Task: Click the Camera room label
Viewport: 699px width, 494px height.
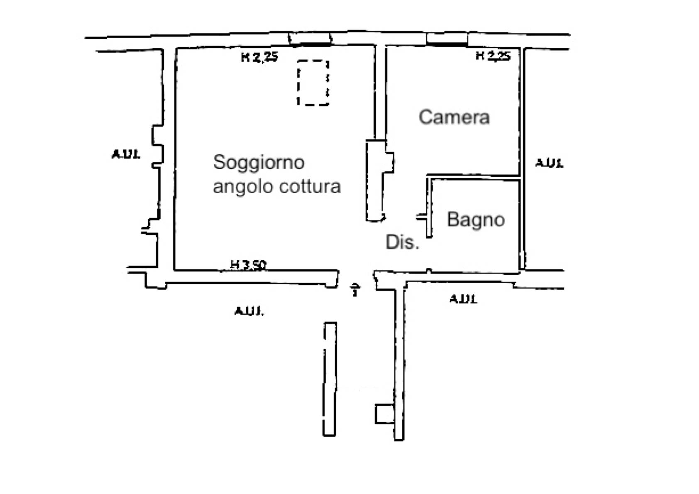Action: click(454, 117)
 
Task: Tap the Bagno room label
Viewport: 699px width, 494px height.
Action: click(476, 220)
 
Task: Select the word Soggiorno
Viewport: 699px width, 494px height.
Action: click(259, 162)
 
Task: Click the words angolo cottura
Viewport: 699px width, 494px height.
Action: click(277, 186)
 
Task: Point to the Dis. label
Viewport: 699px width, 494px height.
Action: click(402, 242)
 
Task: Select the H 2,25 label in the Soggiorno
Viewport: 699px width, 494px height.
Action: click(259, 57)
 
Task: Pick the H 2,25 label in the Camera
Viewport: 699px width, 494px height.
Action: click(493, 56)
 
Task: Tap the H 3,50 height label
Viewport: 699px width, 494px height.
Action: click(249, 264)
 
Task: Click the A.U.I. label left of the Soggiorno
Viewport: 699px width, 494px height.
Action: click(126, 154)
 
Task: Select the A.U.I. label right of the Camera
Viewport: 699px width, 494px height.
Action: click(549, 163)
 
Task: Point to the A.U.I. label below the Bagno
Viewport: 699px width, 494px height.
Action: click(463, 299)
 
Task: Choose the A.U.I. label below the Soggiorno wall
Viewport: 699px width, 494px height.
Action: click(249, 311)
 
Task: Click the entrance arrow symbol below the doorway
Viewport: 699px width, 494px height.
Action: click(355, 289)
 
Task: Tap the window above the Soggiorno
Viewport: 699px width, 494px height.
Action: click(310, 39)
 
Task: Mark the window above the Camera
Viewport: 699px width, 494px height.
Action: click(447, 39)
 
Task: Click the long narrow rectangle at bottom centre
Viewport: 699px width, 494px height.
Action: click(330, 379)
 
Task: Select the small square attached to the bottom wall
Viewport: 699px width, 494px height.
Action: click(384, 414)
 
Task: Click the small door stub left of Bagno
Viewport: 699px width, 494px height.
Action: click(422, 217)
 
